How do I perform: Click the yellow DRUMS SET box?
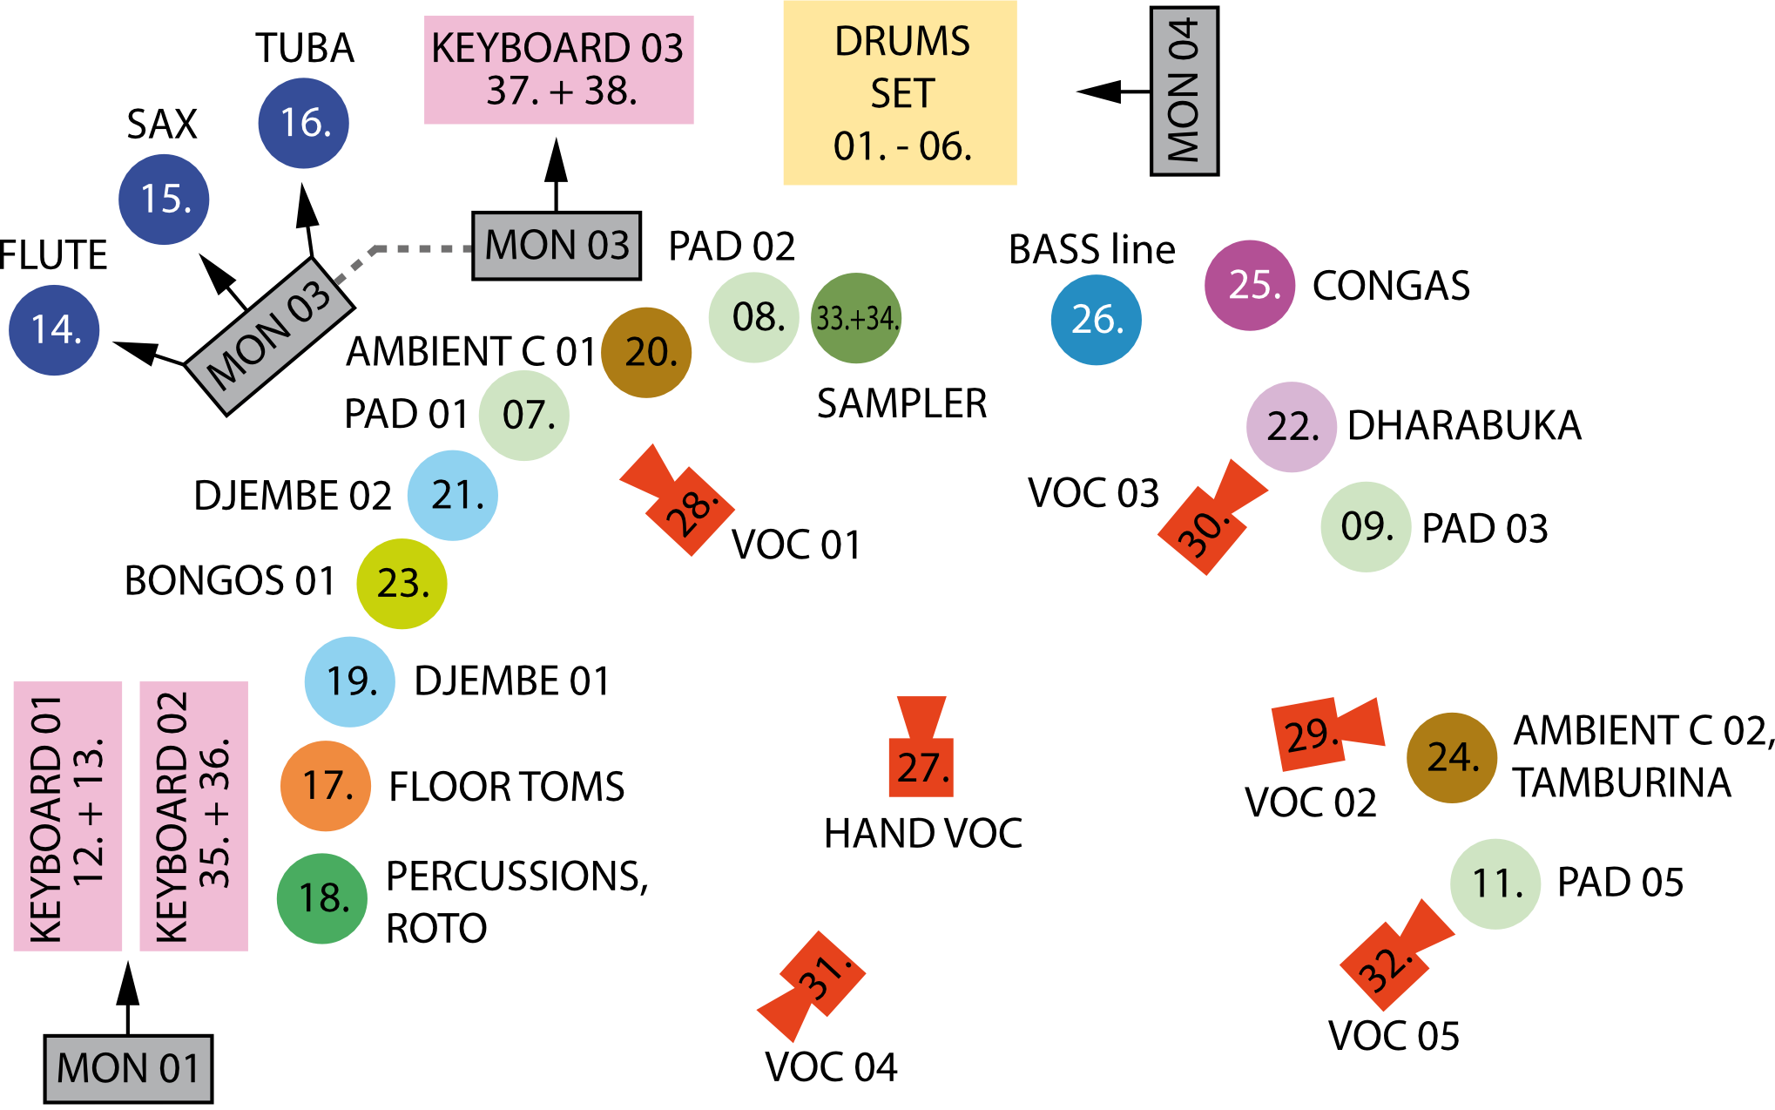point(900,92)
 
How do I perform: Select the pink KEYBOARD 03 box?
point(558,70)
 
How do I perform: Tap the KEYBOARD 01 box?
point(68,816)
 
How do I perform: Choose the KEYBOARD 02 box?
point(193,816)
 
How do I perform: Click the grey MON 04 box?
point(1184,91)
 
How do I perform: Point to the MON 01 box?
point(128,1068)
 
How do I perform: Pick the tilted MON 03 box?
point(269,335)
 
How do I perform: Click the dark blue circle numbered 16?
point(303,123)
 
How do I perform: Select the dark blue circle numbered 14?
point(54,330)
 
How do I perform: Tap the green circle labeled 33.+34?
point(855,318)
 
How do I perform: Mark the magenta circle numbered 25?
point(1250,285)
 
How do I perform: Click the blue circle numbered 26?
point(1096,320)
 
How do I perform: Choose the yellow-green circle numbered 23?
point(402,584)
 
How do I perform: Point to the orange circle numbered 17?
point(325,786)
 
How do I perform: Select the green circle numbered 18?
point(321,898)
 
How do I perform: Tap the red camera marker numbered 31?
point(817,980)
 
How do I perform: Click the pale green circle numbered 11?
point(1495,883)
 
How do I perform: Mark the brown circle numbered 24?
point(1451,757)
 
